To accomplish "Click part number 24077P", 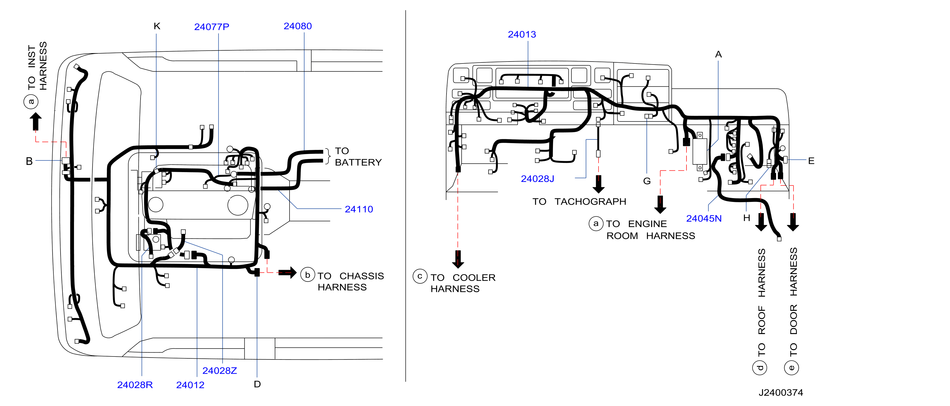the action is click(x=212, y=27).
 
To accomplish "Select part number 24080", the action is click(x=297, y=26).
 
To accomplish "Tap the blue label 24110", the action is click(x=359, y=209).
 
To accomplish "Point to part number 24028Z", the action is click(x=219, y=371).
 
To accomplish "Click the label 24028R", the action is click(x=135, y=385).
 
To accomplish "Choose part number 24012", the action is click(x=190, y=385).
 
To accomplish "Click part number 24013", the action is click(x=522, y=34).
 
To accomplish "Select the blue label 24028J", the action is click(x=537, y=179).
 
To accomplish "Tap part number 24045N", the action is click(x=704, y=219).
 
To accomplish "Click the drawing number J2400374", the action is click(x=781, y=393).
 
